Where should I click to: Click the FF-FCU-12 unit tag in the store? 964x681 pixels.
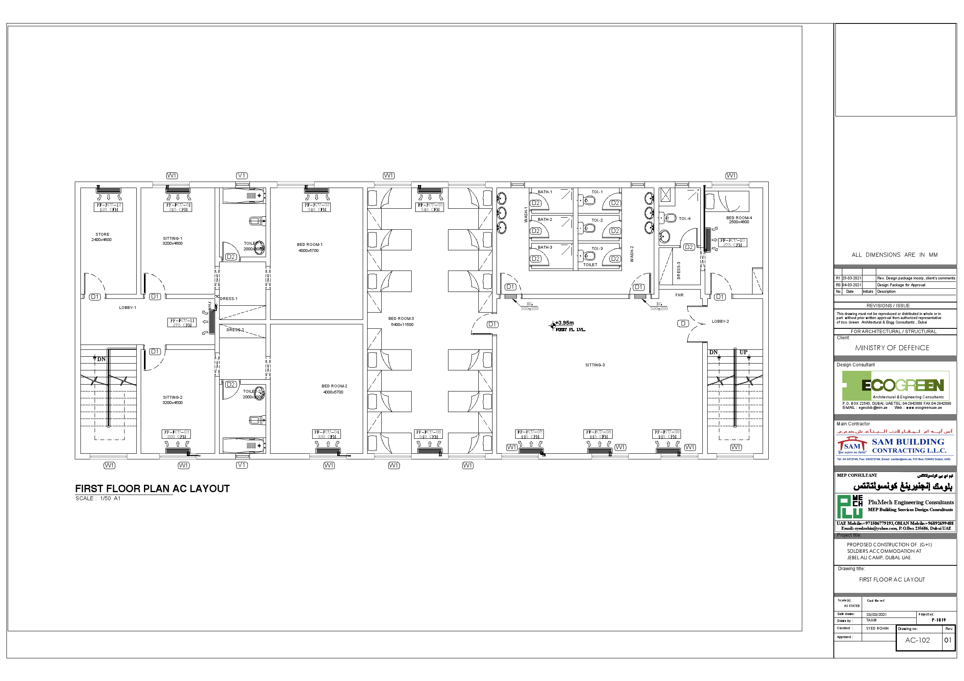click(108, 207)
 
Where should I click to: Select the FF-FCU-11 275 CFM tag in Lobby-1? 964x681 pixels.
click(182, 322)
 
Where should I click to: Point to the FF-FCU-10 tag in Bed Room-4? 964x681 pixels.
click(733, 243)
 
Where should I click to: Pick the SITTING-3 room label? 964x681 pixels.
click(595, 365)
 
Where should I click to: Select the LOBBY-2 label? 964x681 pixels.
click(720, 321)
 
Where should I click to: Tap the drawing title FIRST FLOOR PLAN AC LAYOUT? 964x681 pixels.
click(152, 489)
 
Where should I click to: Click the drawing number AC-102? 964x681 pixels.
click(917, 640)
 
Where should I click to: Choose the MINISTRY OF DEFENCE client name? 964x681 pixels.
click(892, 348)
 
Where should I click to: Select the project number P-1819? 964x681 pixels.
click(939, 620)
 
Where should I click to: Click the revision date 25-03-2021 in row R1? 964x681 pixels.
click(852, 278)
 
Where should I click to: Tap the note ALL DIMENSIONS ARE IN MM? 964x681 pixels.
click(894, 255)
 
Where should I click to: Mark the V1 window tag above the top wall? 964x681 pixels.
click(242, 176)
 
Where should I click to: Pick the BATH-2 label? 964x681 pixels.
click(545, 220)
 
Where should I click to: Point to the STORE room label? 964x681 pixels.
click(102, 235)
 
